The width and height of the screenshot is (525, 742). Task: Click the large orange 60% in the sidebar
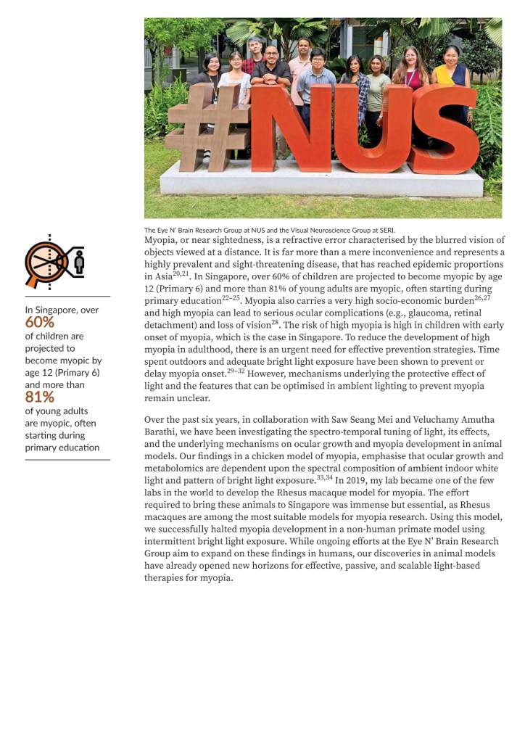39,323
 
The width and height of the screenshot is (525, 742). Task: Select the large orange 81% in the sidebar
39,397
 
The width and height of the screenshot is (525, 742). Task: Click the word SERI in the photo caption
386,230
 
